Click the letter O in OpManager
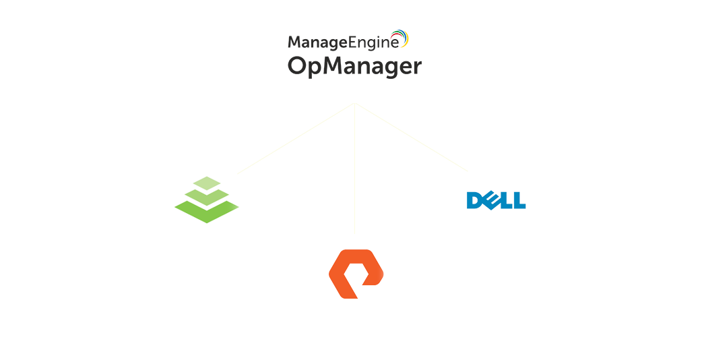point(298,66)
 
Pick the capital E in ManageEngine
point(351,42)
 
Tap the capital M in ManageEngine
point(294,42)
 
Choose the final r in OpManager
point(417,68)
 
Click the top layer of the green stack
point(207,183)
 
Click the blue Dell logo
point(496,200)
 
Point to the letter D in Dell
point(474,200)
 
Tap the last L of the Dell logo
point(519,200)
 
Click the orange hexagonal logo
point(356,274)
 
